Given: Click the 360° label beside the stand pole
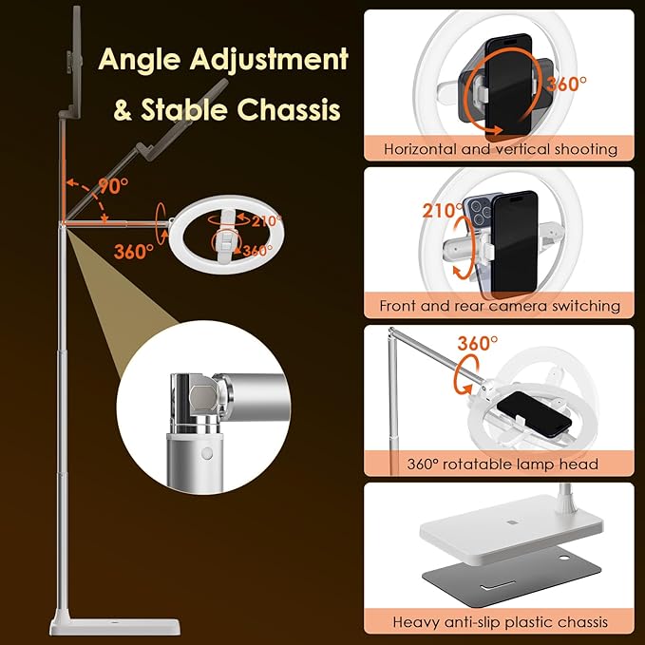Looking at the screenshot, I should pyautogui.click(x=133, y=252).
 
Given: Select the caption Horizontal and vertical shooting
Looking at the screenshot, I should pyautogui.click(x=501, y=149).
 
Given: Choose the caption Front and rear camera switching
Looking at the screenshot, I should pyautogui.click(x=501, y=306).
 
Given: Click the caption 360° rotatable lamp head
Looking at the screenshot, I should pyautogui.click(x=501, y=464).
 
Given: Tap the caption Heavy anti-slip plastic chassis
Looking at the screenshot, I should pyautogui.click(x=501, y=622).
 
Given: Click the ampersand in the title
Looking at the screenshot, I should pyautogui.click(x=123, y=111).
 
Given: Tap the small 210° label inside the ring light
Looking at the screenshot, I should pyautogui.click(x=267, y=220).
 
